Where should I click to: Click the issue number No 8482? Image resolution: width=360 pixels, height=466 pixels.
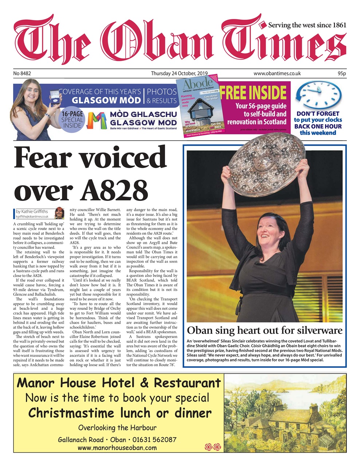point(22,74)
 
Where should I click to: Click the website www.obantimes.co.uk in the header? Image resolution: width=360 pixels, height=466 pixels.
point(277,74)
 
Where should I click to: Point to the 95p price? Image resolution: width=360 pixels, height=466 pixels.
point(341,74)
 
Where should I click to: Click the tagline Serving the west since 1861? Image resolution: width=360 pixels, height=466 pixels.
point(307,25)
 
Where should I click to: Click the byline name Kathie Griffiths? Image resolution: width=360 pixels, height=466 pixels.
point(37,211)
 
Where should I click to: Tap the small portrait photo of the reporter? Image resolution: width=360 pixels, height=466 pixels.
point(59,213)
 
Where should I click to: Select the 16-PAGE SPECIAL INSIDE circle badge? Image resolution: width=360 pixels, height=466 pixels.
point(72,119)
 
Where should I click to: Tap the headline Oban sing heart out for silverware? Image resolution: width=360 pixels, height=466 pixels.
point(265,331)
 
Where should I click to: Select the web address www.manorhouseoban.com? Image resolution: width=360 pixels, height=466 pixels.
point(117,448)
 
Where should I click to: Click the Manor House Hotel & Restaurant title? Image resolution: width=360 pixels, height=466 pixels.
point(119,383)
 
